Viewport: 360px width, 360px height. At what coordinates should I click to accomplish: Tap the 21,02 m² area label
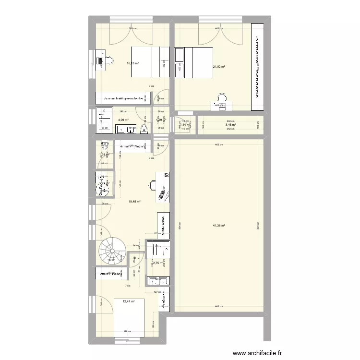[219, 67]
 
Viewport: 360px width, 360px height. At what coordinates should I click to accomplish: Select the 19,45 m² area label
[134, 202]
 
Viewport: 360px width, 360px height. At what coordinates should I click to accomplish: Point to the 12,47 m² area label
[129, 301]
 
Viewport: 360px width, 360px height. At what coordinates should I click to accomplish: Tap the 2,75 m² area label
[158, 263]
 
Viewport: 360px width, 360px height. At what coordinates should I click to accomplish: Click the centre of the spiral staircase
[112, 252]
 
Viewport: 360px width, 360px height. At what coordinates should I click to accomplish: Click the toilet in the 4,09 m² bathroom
[145, 128]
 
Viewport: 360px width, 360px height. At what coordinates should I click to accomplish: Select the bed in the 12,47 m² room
[130, 317]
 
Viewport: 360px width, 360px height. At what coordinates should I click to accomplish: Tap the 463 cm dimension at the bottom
[217, 306]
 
